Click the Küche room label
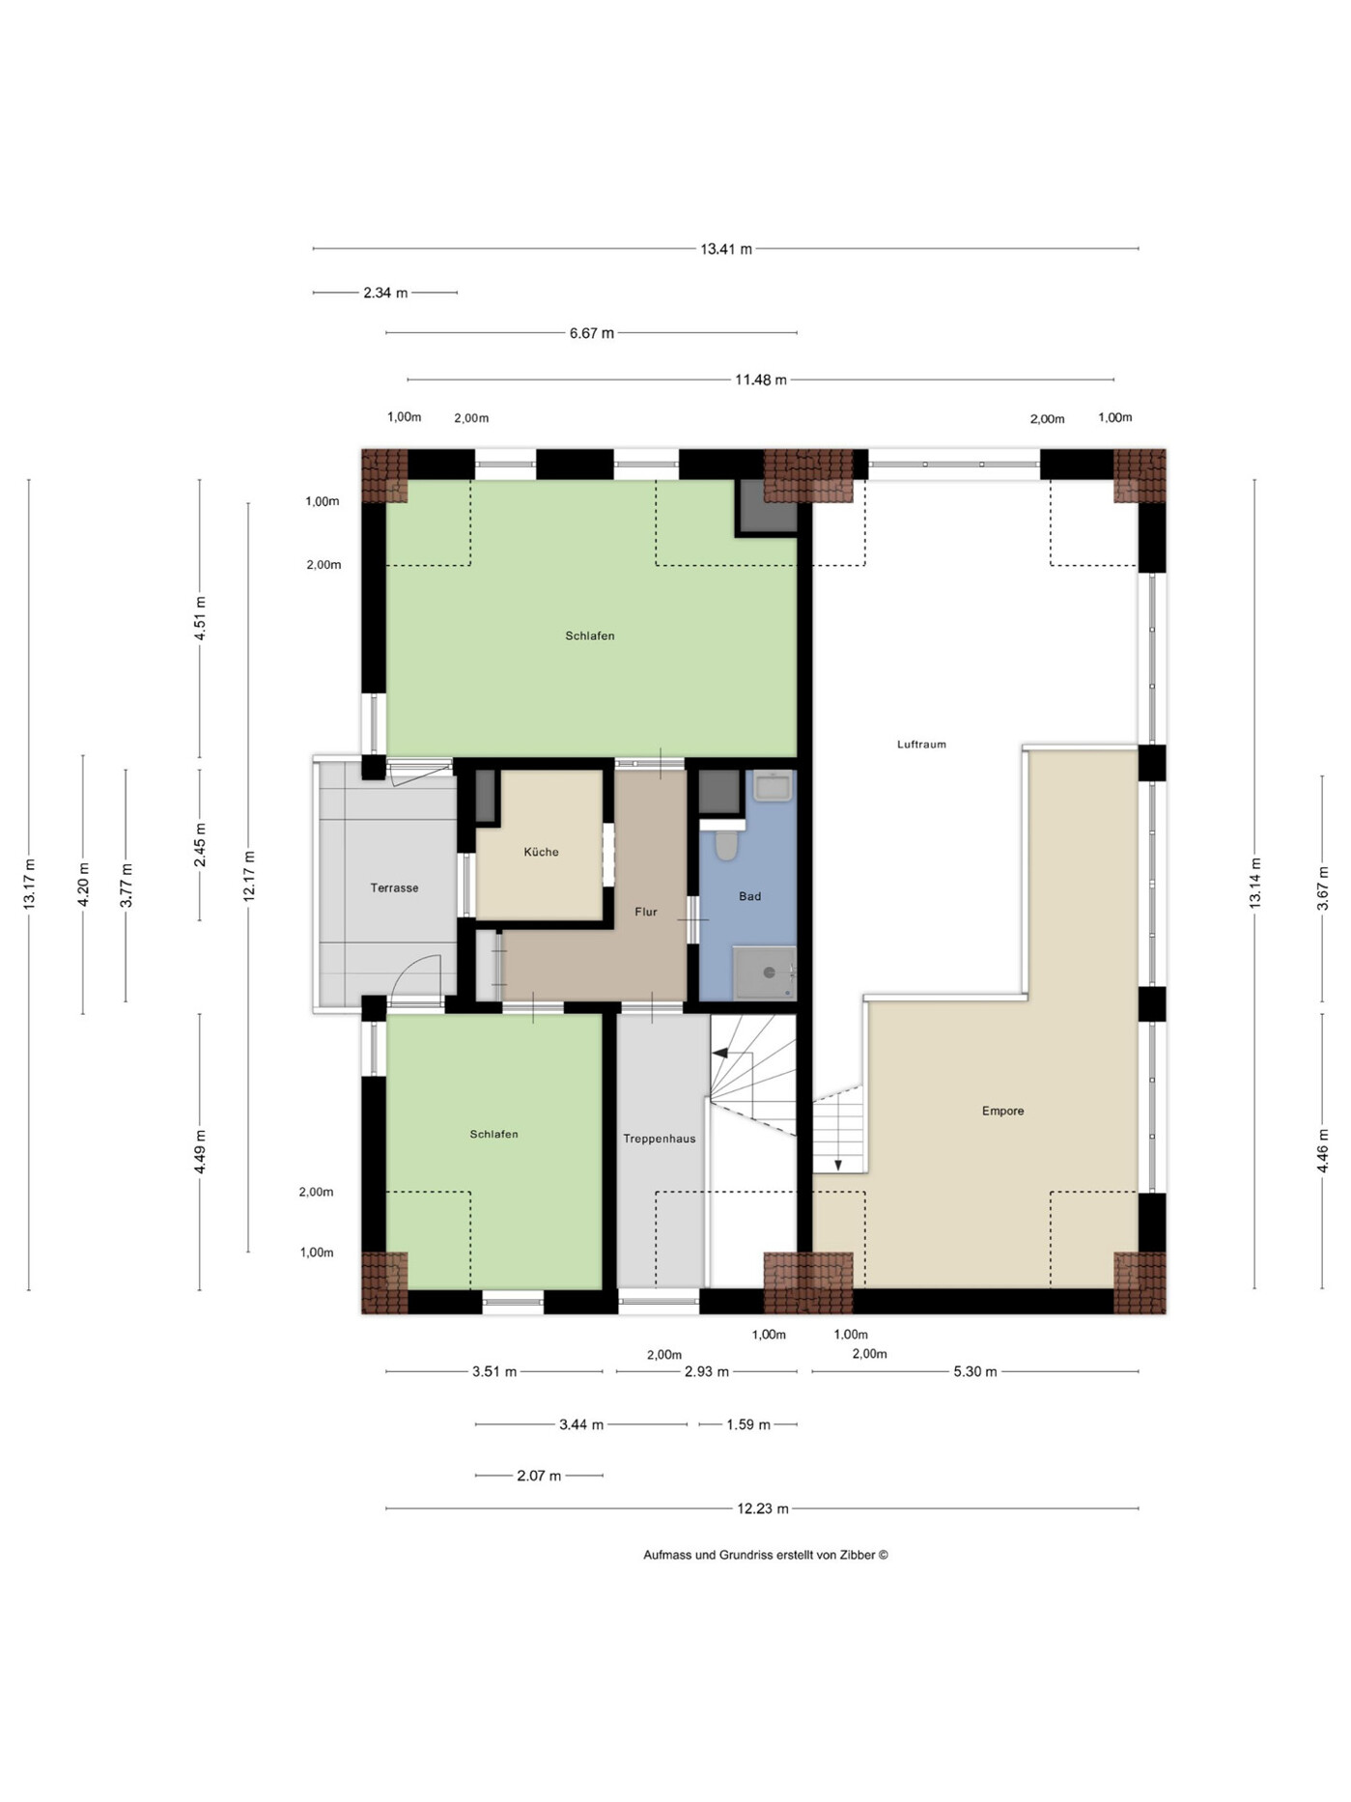click(x=541, y=852)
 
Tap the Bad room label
click(x=749, y=896)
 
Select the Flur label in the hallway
click(x=646, y=912)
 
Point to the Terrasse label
click(x=394, y=887)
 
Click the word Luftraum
click(x=921, y=745)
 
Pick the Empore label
click(x=1002, y=1111)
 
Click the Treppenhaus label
click(x=659, y=1139)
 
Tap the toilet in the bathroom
click(x=726, y=845)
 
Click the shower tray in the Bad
click(x=765, y=973)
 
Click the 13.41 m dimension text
click(x=726, y=249)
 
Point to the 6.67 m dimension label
click(x=592, y=333)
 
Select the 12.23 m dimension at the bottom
click(x=763, y=1508)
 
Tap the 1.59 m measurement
click(x=748, y=1424)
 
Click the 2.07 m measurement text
click(x=539, y=1476)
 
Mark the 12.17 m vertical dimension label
click(x=249, y=877)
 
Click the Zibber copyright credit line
click(x=766, y=1555)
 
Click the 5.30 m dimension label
click(x=975, y=1371)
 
